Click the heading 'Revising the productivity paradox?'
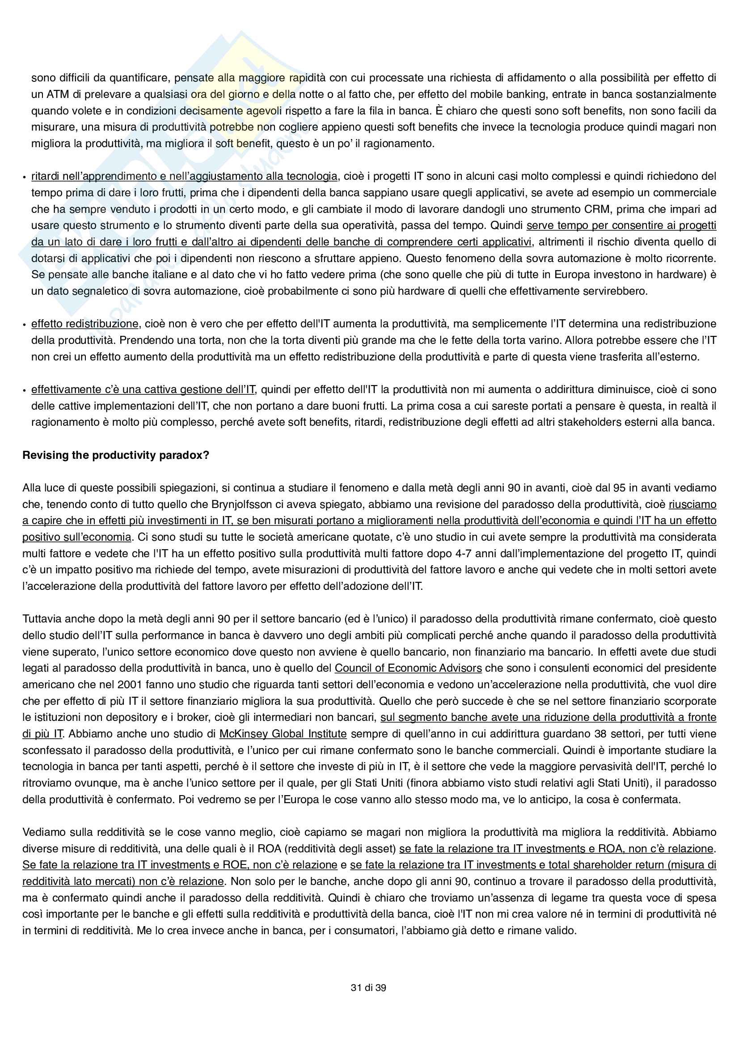[x=116, y=455]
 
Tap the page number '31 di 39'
[x=368, y=987]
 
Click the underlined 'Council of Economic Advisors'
[x=408, y=668]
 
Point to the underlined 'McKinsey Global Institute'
[x=283, y=733]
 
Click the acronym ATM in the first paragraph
[x=57, y=94]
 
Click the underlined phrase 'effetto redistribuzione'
[x=84, y=324]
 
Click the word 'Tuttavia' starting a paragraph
[x=42, y=618]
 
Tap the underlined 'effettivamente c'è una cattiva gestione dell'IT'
[x=144, y=390]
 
